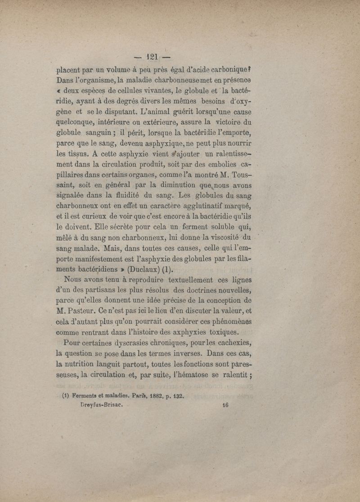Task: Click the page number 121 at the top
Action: pos(153,57)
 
